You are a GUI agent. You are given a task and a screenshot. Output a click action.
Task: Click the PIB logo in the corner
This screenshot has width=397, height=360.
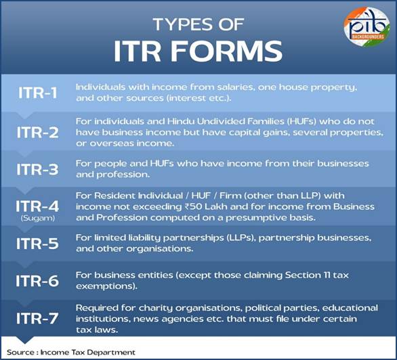[367, 27]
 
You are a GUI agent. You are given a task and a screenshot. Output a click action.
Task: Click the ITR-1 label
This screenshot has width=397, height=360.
[38, 93]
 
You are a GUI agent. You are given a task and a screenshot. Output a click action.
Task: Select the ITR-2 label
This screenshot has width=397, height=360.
[38, 132]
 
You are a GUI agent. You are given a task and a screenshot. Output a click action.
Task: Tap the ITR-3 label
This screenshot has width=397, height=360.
[37, 169]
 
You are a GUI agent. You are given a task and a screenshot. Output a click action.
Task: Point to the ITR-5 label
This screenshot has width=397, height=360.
[37, 244]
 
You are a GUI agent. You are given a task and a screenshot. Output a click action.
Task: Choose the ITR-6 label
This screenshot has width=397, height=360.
[37, 281]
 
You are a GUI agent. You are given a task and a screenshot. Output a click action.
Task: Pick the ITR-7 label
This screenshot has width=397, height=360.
[37, 318]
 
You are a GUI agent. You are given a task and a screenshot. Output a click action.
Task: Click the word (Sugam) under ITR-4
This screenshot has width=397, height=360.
[38, 218]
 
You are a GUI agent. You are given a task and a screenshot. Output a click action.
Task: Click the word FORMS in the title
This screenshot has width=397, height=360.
[226, 51]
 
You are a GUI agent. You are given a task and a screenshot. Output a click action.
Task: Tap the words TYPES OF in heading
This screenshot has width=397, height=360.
[198, 24]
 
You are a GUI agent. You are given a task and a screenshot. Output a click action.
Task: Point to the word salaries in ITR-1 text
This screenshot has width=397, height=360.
[233, 87]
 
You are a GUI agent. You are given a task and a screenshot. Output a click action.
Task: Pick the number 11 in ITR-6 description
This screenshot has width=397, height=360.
[327, 275]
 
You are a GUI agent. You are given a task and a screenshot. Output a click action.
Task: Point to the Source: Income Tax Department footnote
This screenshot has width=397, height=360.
[71, 353]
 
